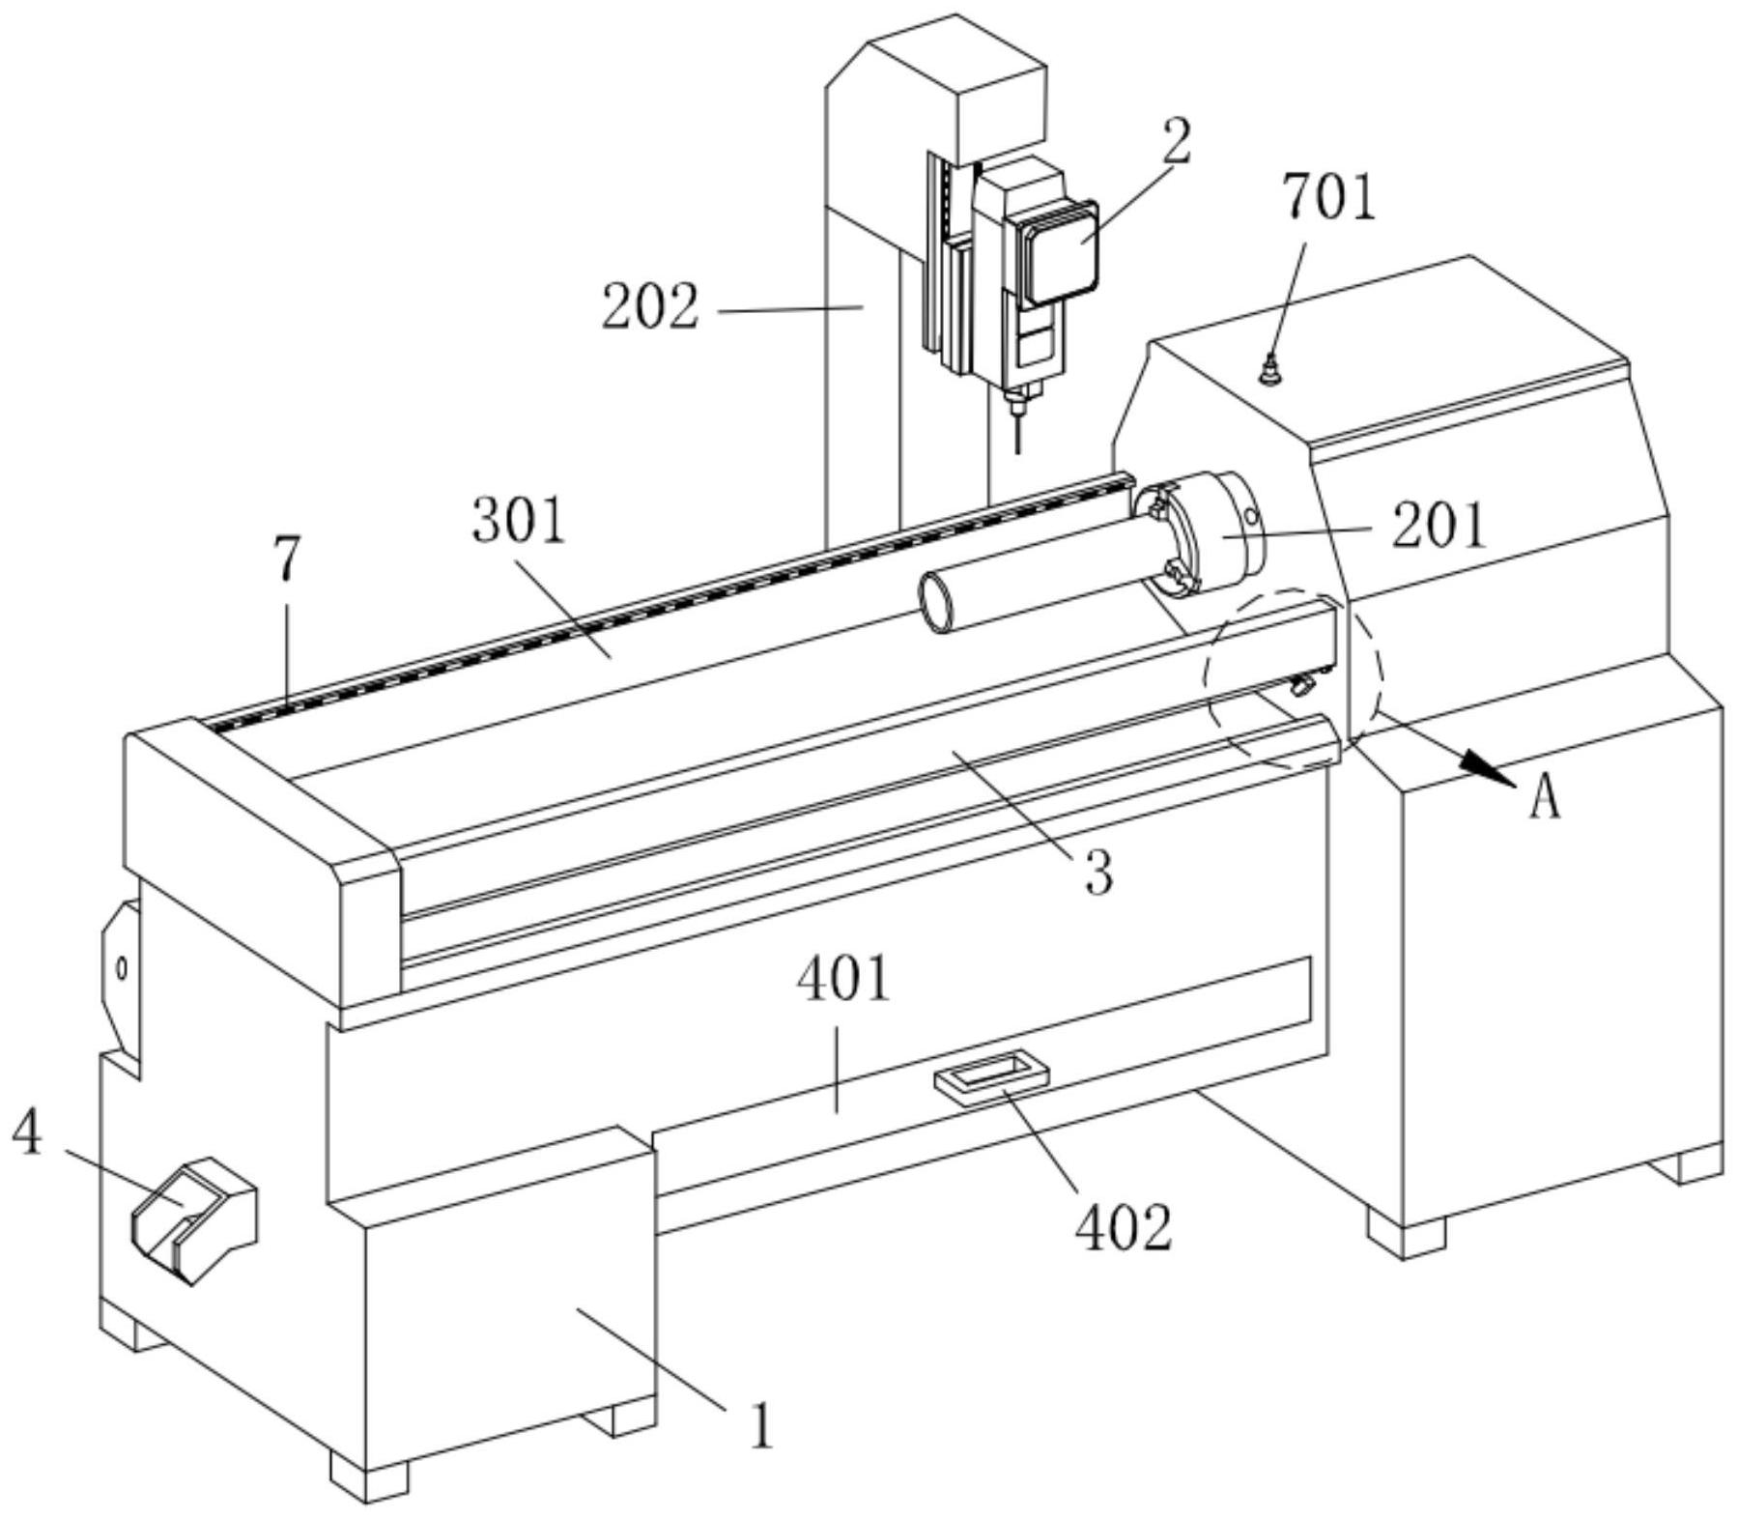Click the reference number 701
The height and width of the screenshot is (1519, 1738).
click(x=1327, y=198)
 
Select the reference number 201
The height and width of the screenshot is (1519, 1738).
click(x=1438, y=528)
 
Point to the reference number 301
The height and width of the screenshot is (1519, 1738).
click(x=518, y=523)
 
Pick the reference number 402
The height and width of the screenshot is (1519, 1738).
click(x=1124, y=1228)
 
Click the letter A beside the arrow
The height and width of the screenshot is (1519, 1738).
click(x=1545, y=798)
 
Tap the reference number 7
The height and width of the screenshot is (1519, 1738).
click(x=287, y=559)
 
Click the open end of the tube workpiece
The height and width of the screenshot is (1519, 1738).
click(x=936, y=603)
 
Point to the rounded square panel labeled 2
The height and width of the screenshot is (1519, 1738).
click(x=1060, y=252)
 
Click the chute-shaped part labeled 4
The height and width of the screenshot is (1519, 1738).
click(x=193, y=1219)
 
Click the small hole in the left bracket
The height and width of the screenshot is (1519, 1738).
click(x=122, y=967)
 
